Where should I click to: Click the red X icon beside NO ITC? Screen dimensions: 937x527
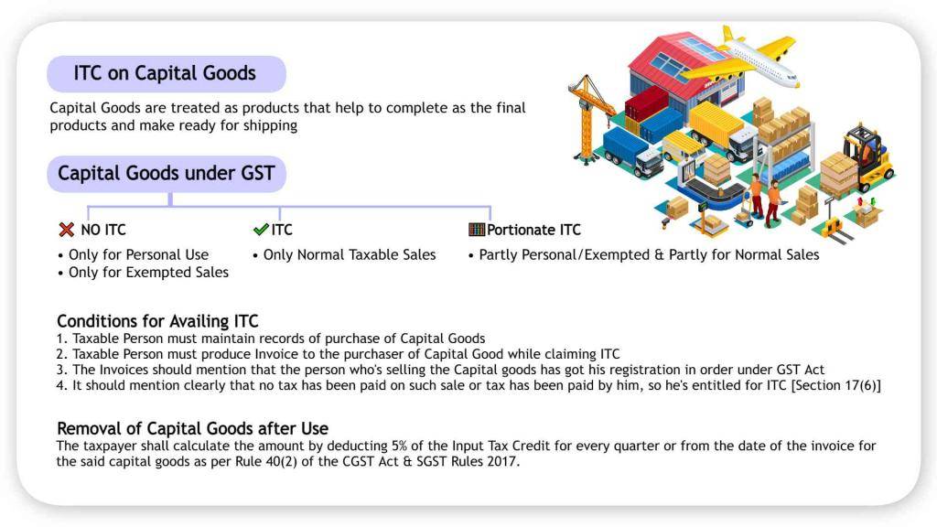66,230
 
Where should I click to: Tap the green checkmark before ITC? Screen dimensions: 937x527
261,230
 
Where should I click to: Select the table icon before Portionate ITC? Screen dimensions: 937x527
477,230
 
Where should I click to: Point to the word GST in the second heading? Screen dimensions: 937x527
257,173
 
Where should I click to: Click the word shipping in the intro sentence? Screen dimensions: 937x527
270,126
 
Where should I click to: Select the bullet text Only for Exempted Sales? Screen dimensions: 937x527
149,273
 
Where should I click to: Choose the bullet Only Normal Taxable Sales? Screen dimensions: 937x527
350,255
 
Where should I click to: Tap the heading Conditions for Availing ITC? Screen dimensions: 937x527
157,321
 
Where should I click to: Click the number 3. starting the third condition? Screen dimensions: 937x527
62,370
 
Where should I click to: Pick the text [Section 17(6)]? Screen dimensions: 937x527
836,385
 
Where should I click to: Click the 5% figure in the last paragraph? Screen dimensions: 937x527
399,446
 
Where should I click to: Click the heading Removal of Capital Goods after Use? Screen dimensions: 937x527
192,428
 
